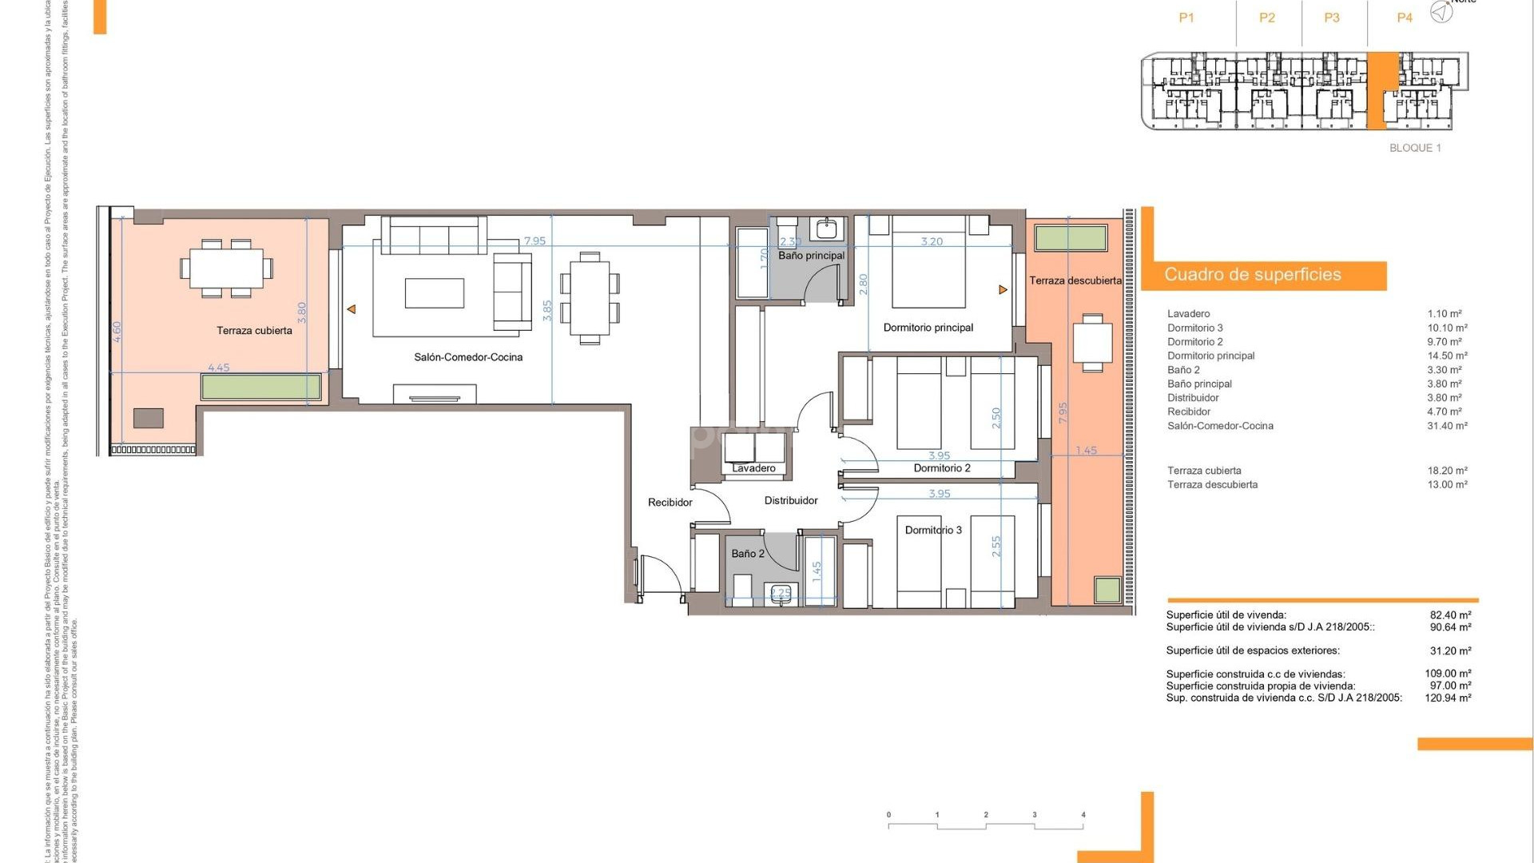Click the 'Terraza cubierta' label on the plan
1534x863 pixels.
254,331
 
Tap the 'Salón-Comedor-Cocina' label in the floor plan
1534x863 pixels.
468,357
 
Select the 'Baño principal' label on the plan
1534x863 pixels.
811,256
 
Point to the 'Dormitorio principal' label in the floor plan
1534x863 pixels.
928,328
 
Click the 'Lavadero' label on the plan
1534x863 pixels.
753,468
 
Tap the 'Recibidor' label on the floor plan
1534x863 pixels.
670,503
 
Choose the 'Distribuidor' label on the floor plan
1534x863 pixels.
791,501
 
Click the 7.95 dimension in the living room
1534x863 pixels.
535,241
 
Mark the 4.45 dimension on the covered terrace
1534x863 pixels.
218,368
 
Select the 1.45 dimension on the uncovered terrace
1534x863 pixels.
1086,451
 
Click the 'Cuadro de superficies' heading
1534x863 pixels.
1252,275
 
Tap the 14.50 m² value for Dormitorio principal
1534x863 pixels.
1447,356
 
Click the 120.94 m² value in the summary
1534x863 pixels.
1448,698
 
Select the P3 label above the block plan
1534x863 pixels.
1331,18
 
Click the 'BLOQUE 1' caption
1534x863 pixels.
1415,148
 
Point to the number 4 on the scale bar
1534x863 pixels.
1083,815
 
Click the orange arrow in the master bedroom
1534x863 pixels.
1003,290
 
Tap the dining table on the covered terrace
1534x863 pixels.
226,268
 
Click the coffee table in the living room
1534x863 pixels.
434,293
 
